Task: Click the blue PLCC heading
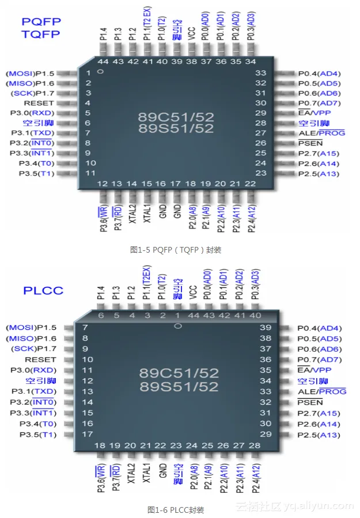pyautogui.click(x=43, y=290)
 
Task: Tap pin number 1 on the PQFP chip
pyautogui.click(x=88, y=73)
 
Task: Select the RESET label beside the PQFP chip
pyautogui.click(x=39, y=103)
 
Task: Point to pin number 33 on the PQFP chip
pyautogui.click(x=260, y=73)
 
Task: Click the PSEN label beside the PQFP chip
pyautogui.click(x=310, y=143)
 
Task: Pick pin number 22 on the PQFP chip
pyautogui.click(x=249, y=183)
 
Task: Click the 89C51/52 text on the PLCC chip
pyautogui.click(x=179, y=372)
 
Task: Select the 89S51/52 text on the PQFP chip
pyautogui.click(x=176, y=128)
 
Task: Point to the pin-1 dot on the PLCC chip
pyautogui.click(x=178, y=326)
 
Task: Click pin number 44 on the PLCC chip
pyautogui.click(x=193, y=315)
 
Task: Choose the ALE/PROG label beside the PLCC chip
pyautogui.click(x=321, y=391)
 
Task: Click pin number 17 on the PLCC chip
pyautogui.click(x=87, y=434)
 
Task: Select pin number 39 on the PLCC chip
pyautogui.click(x=266, y=327)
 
